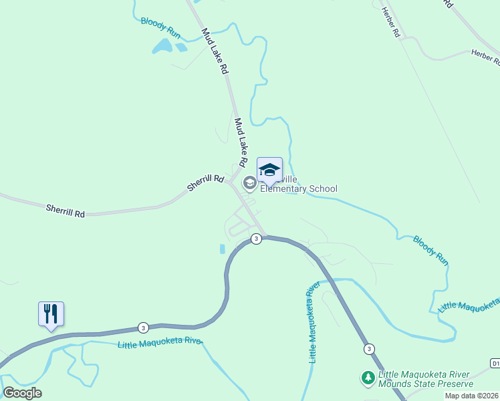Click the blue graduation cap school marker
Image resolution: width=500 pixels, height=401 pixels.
[x=269, y=170]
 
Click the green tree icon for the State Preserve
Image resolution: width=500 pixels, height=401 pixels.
[x=368, y=378]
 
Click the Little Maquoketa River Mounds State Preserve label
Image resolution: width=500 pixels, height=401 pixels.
[x=425, y=379]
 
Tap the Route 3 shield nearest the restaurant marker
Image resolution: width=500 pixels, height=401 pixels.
[x=143, y=327]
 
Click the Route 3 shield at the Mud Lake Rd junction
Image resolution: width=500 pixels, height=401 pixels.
[x=256, y=239]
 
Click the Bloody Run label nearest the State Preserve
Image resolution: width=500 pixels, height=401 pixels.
[x=430, y=250]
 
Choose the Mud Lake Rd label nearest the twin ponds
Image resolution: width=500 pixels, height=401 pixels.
[x=216, y=51]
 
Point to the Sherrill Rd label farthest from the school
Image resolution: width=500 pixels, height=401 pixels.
[x=66, y=211]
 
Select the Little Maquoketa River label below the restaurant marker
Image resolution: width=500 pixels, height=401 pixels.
[x=160, y=344]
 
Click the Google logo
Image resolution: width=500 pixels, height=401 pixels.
[x=22, y=393]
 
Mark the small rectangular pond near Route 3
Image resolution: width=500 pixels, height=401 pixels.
[x=223, y=249]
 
